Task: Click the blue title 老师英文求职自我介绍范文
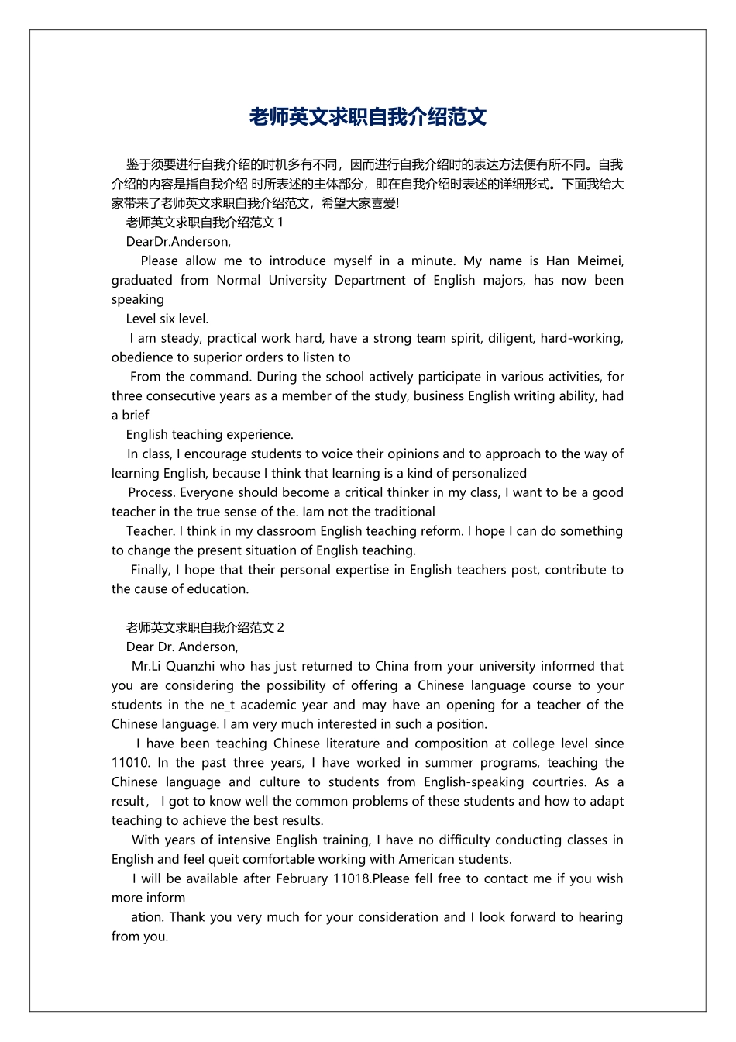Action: [x=367, y=117]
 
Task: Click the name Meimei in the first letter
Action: [x=600, y=260]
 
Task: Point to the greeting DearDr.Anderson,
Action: [x=178, y=241]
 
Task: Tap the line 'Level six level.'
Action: [x=167, y=319]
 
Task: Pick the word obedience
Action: [x=141, y=357]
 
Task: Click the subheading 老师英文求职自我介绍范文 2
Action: [x=205, y=627]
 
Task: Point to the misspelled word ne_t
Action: [x=222, y=705]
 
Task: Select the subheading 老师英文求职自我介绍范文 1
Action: [x=205, y=223]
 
